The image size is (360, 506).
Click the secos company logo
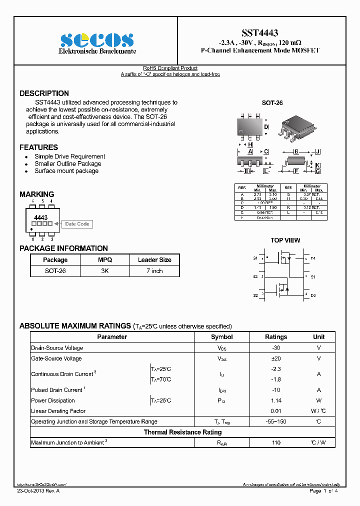(97, 40)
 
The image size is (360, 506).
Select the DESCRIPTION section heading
(44, 93)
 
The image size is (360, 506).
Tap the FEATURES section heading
(38, 147)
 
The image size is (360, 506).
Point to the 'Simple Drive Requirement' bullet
(69, 156)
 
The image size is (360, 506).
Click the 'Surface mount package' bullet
(66, 171)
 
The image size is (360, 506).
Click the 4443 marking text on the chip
(40, 218)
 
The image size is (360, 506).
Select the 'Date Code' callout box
(77, 224)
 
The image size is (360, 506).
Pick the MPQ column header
(105, 260)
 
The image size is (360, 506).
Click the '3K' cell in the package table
(105, 271)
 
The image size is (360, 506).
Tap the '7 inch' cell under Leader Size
(154, 271)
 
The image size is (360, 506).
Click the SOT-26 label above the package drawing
(272, 103)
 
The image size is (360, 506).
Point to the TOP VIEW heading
(285, 240)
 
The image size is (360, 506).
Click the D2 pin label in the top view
(313, 295)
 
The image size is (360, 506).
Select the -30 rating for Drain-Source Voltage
(275, 348)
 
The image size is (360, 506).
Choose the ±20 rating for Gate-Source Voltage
(275, 358)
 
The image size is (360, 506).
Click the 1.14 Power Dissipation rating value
(275, 400)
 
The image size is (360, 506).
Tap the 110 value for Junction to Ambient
(275, 443)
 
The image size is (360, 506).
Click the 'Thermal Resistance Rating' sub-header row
(182, 432)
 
